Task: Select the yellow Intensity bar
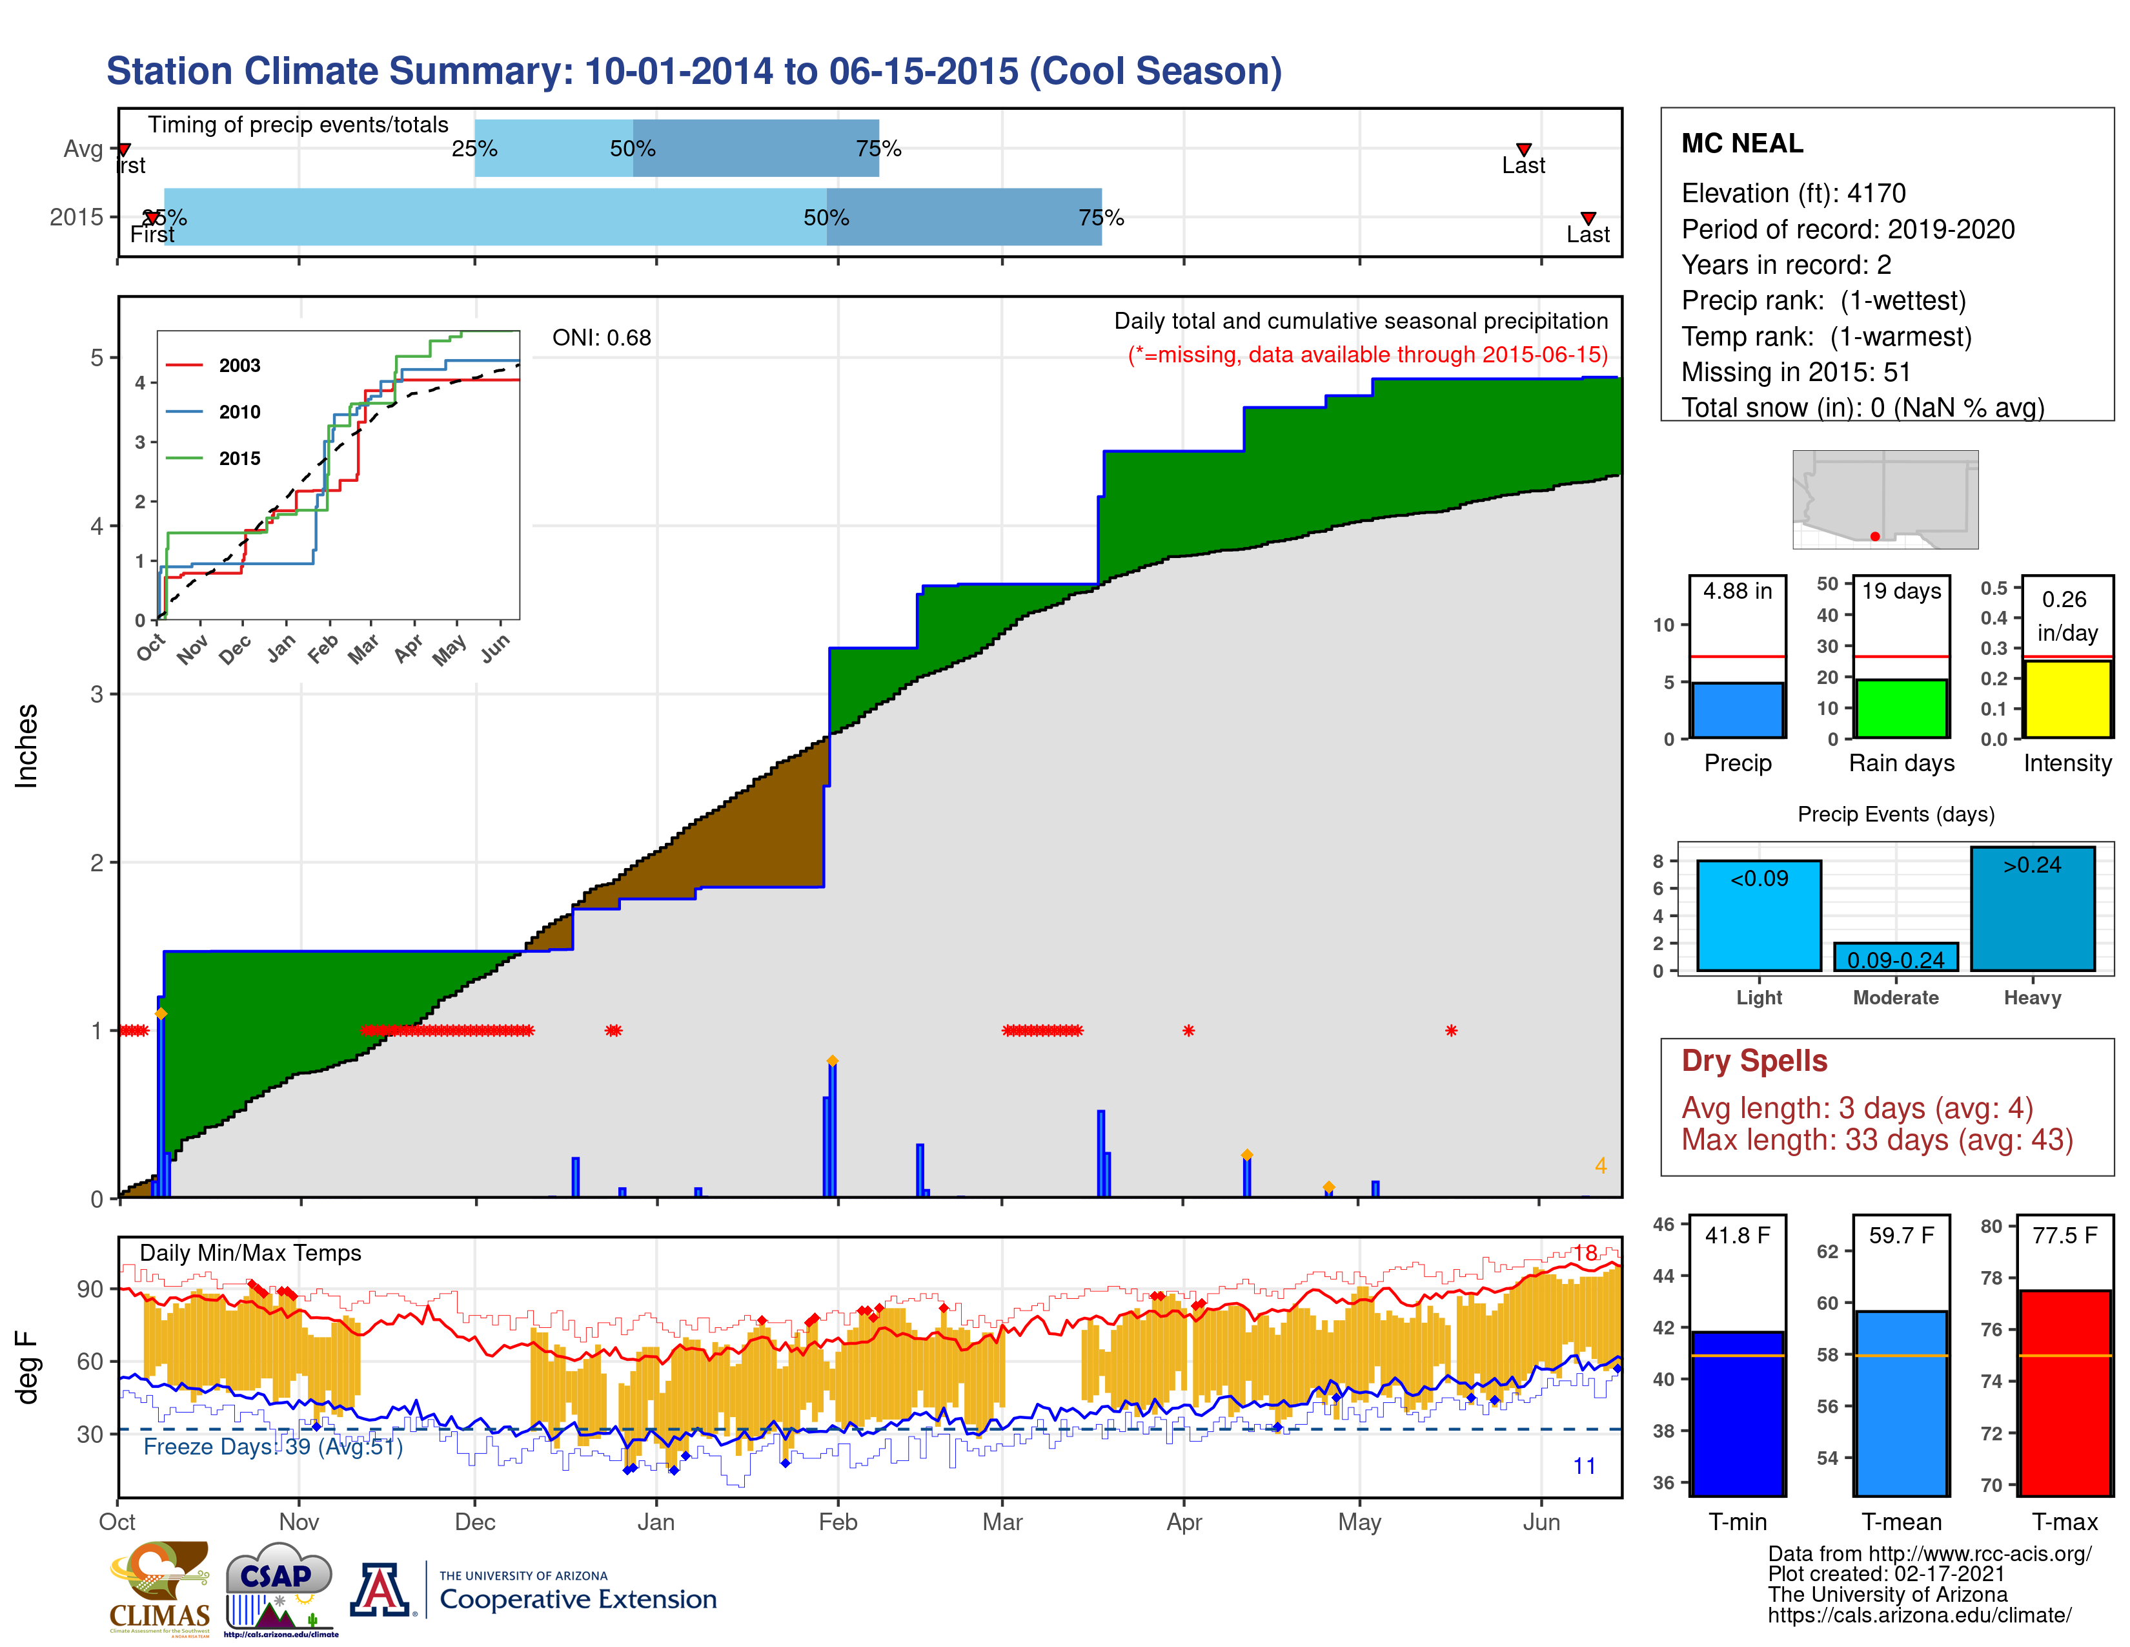click(2067, 699)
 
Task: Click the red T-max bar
click(2065, 1393)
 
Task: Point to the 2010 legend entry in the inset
click(239, 412)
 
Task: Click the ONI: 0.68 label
click(601, 338)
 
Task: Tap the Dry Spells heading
click(1754, 1061)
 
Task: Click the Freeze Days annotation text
click(272, 1446)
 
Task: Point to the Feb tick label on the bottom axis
click(837, 1522)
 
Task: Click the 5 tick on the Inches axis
click(97, 357)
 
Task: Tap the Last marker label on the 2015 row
click(1588, 234)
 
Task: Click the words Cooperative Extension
click(578, 1599)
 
